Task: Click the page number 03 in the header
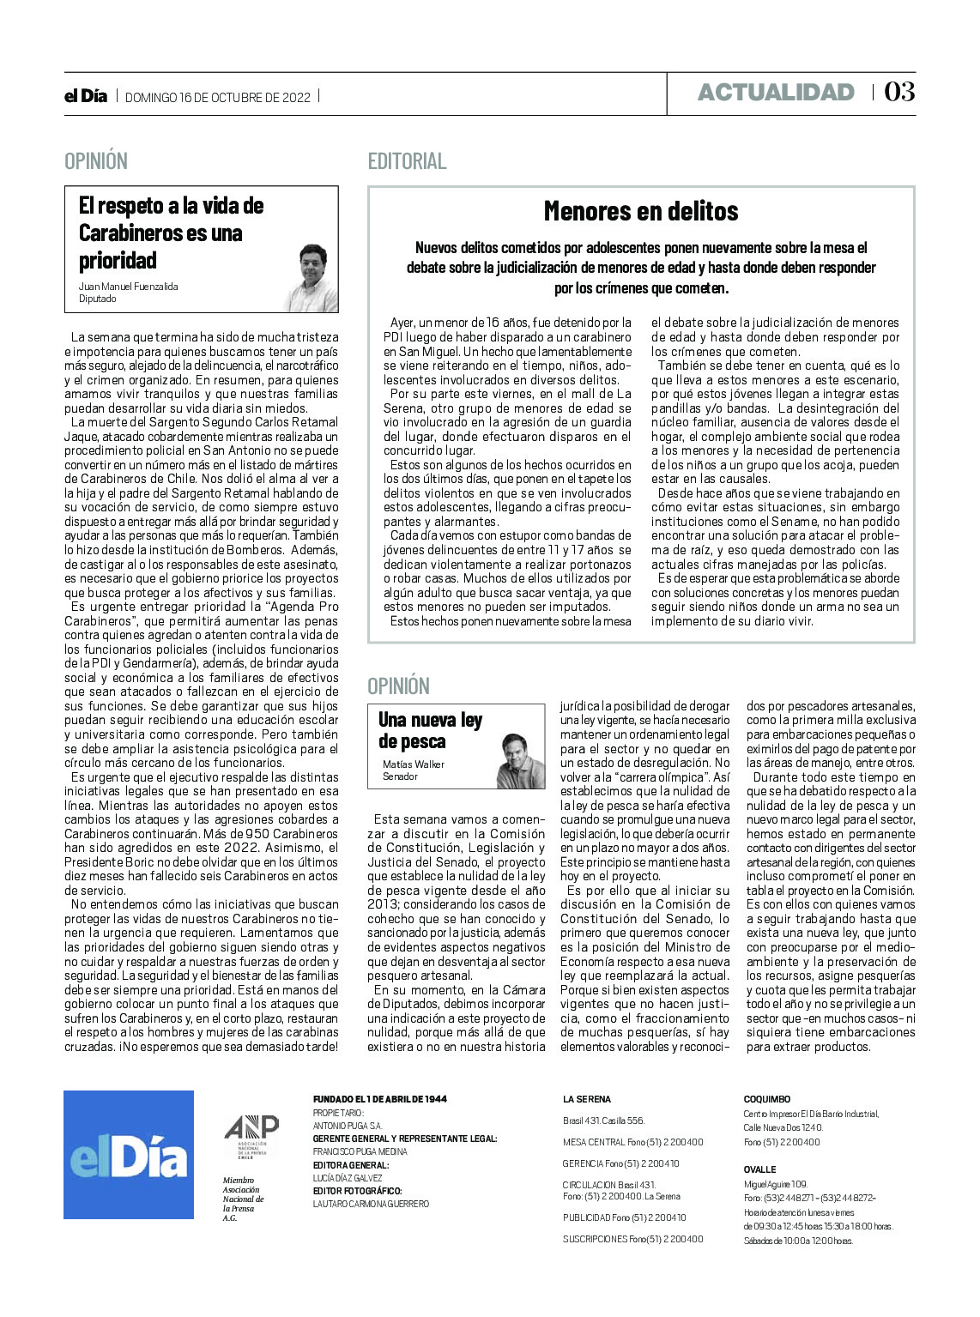click(899, 92)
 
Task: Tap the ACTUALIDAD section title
click(776, 93)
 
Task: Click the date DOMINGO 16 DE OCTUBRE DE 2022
click(218, 97)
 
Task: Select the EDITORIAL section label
click(407, 161)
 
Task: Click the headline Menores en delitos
click(641, 211)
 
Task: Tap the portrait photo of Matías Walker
click(520, 760)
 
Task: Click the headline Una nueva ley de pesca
click(430, 730)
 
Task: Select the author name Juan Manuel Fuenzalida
click(128, 287)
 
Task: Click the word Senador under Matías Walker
click(400, 776)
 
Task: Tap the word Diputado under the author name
click(97, 299)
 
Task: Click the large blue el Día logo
click(129, 1154)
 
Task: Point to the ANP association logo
click(251, 1137)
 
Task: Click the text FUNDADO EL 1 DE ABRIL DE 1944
click(380, 1099)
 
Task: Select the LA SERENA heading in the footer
click(587, 1099)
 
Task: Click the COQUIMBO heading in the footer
click(766, 1099)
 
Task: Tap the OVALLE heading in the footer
click(759, 1169)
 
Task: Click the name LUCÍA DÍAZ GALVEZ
click(348, 1178)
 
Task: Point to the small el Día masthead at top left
click(86, 96)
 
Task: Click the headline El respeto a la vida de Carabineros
click(171, 233)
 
